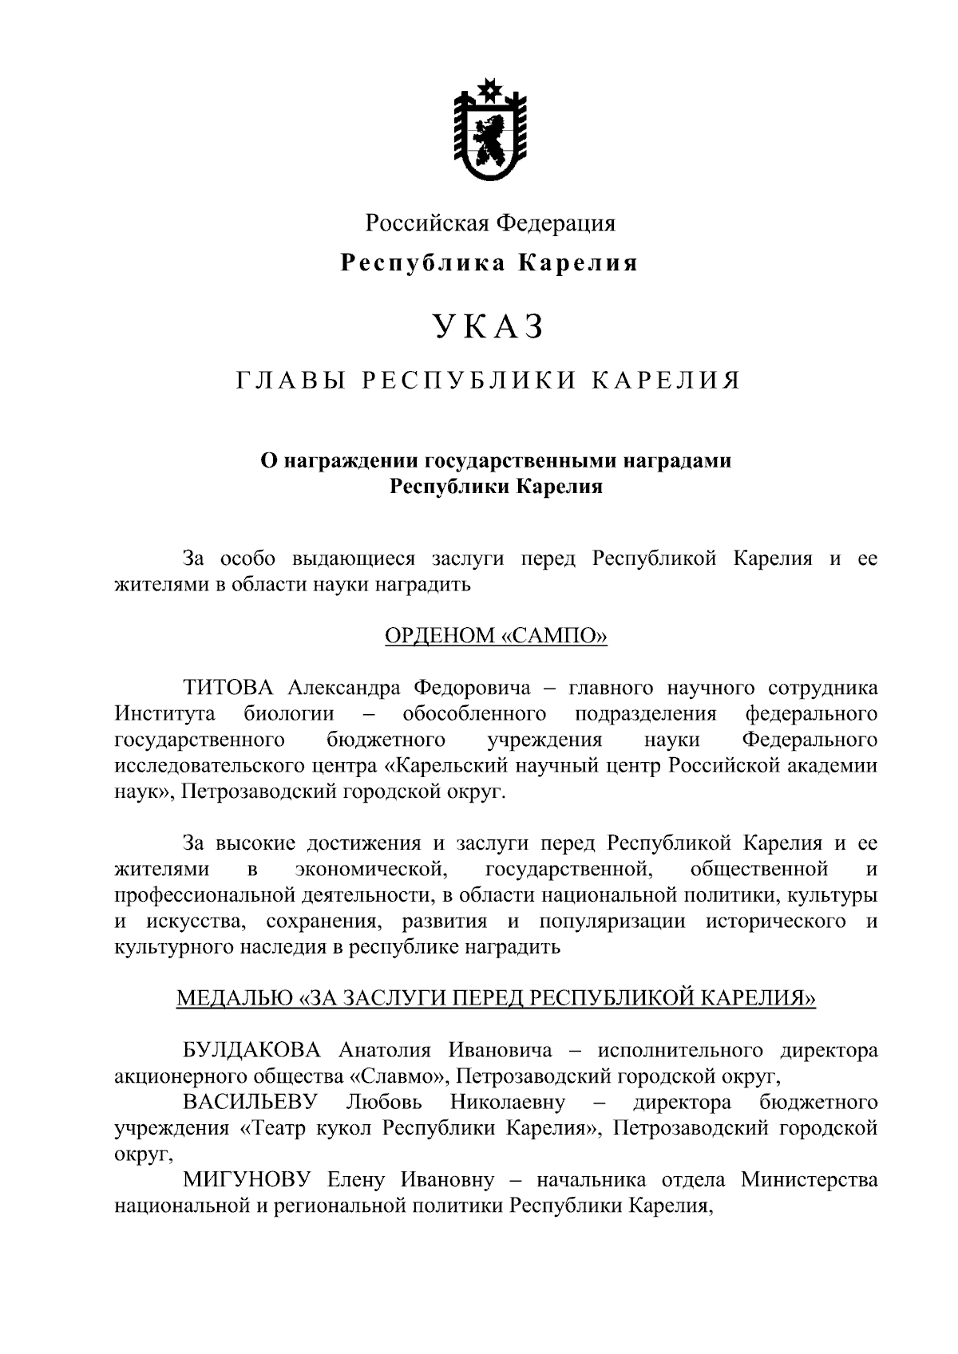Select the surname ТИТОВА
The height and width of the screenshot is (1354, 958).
(228, 687)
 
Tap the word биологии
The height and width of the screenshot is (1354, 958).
(290, 713)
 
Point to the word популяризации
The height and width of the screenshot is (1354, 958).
(612, 922)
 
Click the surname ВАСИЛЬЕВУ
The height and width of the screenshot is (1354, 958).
(251, 1103)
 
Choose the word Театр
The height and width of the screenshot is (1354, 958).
(272, 1129)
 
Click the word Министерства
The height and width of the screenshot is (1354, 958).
(810, 1179)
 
